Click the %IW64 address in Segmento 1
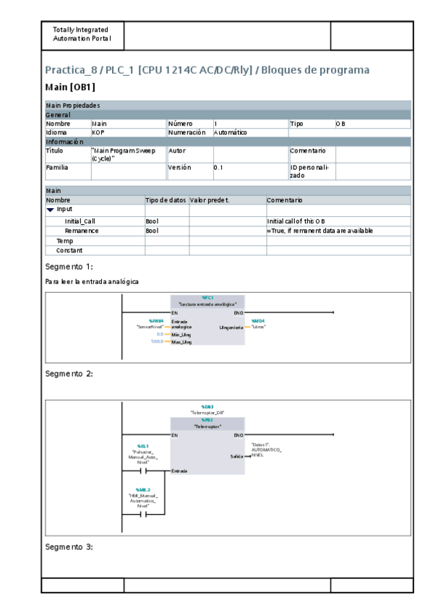coord(156,320)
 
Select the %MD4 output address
coord(257,320)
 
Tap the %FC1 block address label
coord(207,297)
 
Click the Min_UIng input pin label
coord(181,334)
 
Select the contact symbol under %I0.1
coord(142,471)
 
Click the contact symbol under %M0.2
coord(142,515)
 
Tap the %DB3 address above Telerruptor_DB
coord(207,407)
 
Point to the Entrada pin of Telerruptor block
coord(179,471)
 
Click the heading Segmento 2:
coord(69,374)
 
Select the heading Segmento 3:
coord(69,546)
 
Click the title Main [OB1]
coord(70,87)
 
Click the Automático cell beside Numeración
coord(231,133)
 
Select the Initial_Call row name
coord(79,220)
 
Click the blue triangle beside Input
coord(51,209)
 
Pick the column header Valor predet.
coord(210,200)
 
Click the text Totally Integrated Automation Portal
coord(81,34)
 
